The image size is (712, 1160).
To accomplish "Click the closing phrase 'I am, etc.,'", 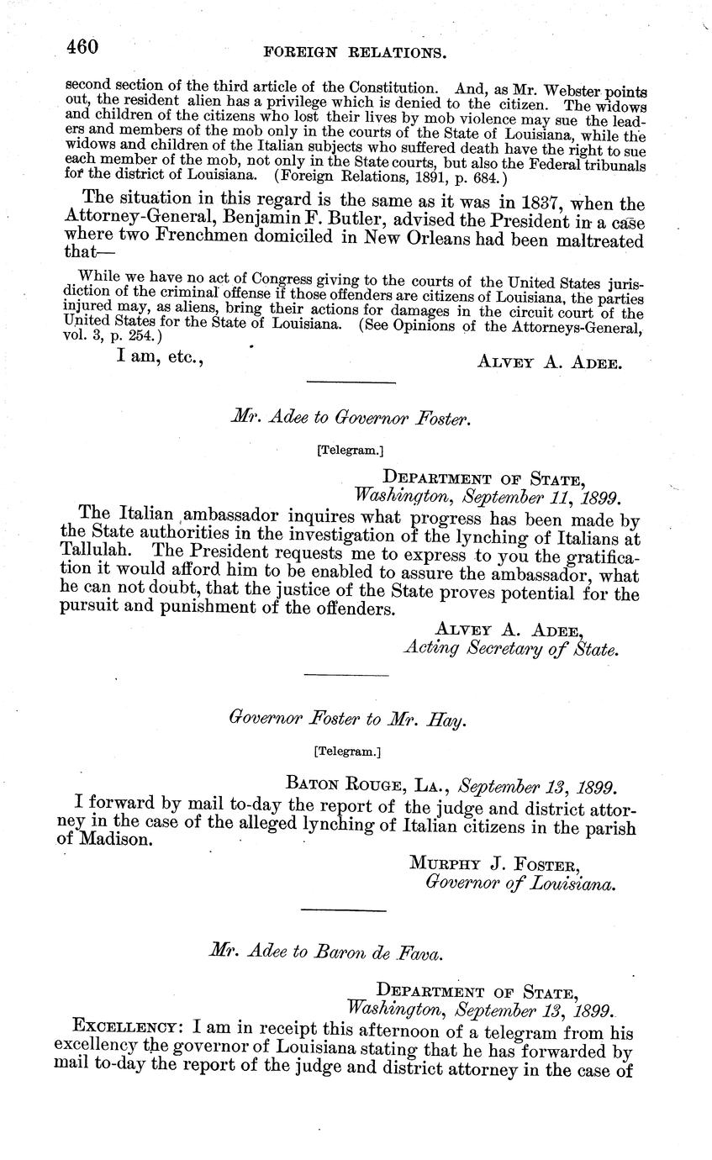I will point(160,359).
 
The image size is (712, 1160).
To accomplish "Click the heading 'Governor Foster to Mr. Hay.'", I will point(347,719).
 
